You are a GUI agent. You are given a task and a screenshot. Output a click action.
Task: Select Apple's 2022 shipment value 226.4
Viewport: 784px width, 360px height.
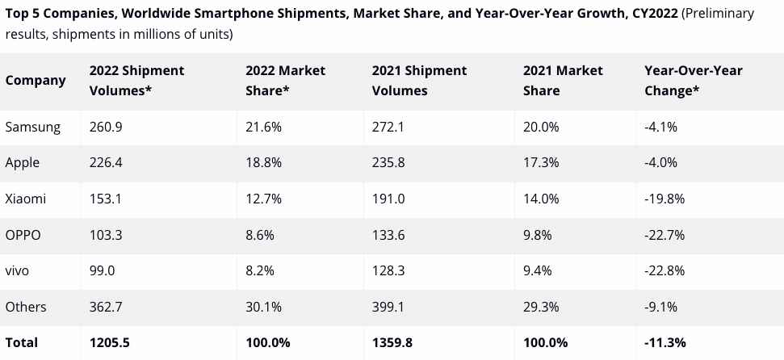[107, 162]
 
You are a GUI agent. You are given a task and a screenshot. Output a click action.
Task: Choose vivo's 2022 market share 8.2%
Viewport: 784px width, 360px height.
[260, 270]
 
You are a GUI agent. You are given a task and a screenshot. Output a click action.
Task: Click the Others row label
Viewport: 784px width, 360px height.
[26, 307]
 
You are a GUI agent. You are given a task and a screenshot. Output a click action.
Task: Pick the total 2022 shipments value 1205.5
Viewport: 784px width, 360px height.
[110, 342]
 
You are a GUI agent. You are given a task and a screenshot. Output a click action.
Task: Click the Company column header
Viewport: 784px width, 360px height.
[36, 80]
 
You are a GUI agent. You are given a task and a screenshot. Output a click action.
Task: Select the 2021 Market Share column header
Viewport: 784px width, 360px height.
[563, 80]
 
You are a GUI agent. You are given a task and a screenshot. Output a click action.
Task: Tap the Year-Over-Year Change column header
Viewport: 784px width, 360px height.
[693, 80]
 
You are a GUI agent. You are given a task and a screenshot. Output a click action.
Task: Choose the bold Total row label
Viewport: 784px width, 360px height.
[22, 342]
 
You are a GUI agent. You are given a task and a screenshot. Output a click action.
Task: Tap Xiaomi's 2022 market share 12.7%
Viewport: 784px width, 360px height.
[263, 199]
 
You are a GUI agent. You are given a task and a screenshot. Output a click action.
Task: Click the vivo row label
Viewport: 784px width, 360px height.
[17, 270]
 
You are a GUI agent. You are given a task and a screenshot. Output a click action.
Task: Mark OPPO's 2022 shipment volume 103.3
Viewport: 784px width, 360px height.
[107, 235]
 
